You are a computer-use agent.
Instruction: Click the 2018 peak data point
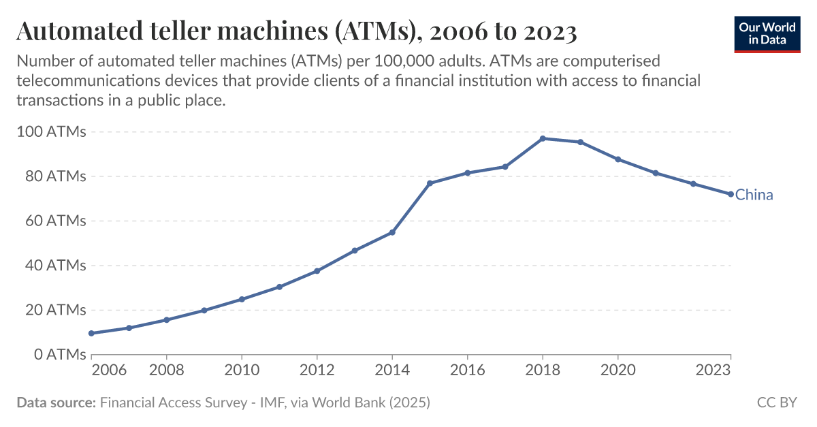tap(543, 138)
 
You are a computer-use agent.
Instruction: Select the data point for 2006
tap(91, 333)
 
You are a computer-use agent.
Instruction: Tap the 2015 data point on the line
tap(430, 183)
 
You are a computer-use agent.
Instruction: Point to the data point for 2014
tap(392, 232)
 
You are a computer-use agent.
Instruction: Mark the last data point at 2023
tap(731, 194)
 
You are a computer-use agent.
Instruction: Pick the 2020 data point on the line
tap(618, 159)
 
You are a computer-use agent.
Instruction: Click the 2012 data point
tap(317, 271)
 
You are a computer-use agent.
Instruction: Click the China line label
tap(754, 195)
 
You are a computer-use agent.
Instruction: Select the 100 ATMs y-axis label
tap(50, 131)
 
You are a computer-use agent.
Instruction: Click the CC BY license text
tap(777, 402)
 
